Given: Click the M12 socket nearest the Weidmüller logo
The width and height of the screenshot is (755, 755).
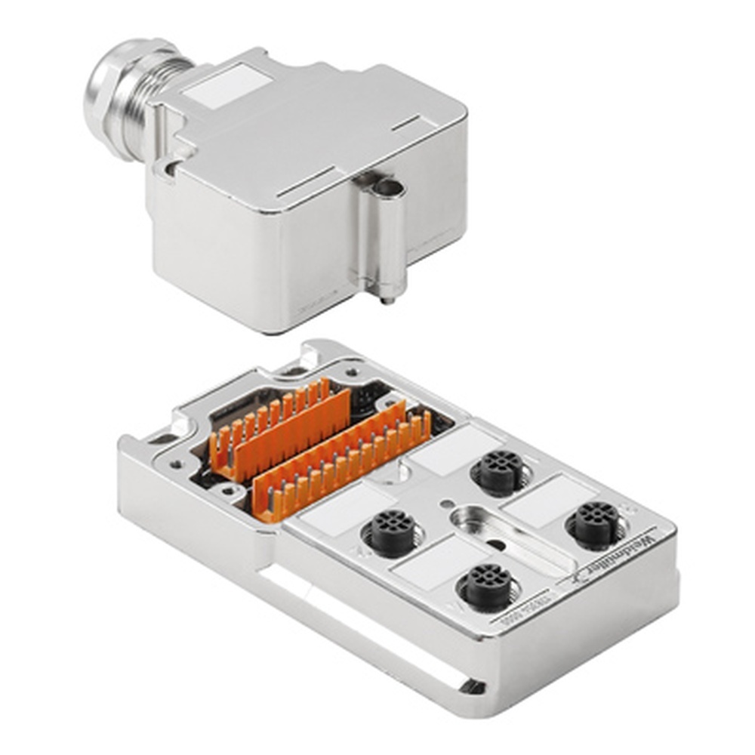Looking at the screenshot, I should tap(596, 522).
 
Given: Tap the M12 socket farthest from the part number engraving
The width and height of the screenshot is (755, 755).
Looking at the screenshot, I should tap(498, 472).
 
